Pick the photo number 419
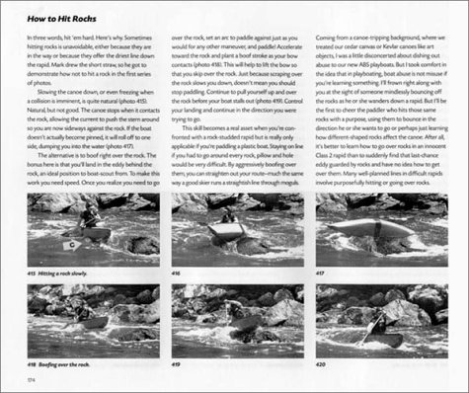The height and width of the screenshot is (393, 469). [x=178, y=362]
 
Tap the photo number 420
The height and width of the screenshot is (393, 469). [x=322, y=362]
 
